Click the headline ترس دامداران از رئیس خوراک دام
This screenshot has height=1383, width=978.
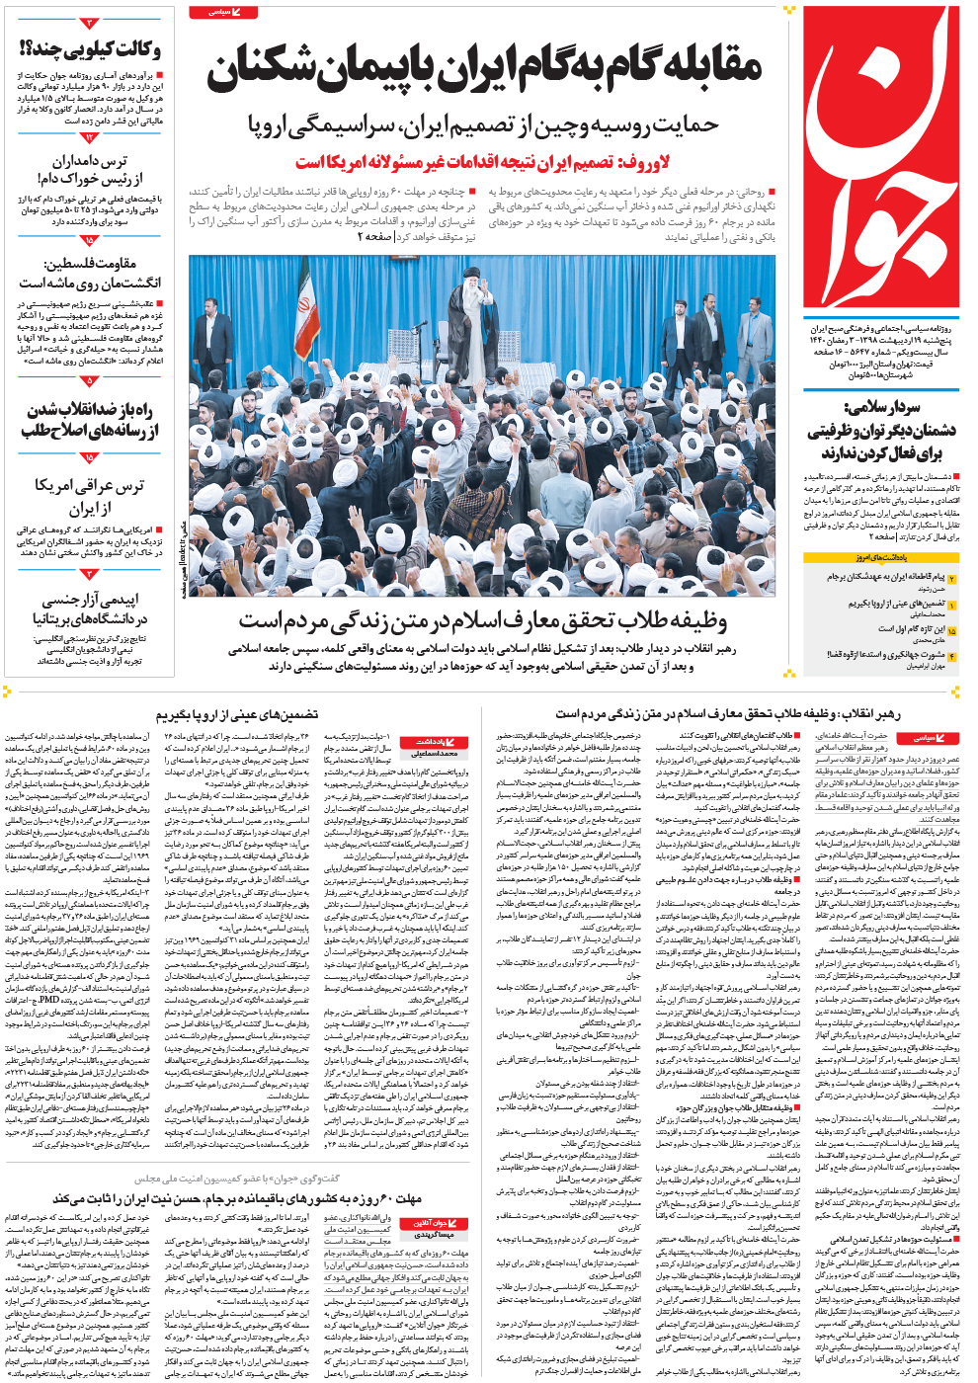[90, 168]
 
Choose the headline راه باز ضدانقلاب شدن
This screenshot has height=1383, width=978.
[90, 420]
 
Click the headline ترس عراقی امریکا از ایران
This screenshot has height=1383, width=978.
[90, 497]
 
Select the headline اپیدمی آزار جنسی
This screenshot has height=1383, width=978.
[90, 609]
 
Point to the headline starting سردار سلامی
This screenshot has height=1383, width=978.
[880, 431]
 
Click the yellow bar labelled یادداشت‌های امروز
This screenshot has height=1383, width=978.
[880, 558]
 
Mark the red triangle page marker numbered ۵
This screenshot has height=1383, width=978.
[90, 381]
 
